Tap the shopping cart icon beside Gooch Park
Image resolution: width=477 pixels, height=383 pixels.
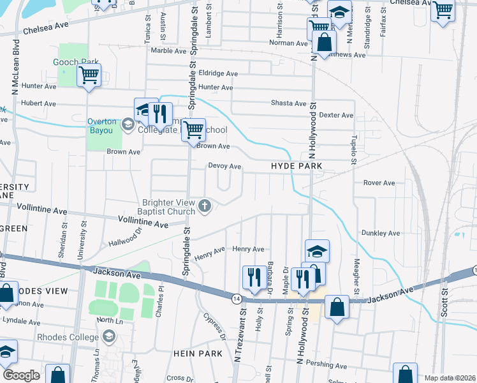tap(89, 75)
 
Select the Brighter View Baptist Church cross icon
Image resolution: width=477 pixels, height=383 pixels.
tap(204, 205)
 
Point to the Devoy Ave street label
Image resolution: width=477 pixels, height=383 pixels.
tap(224, 166)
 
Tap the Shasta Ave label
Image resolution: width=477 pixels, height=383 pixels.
tap(288, 103)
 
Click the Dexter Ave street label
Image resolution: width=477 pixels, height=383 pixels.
tap(336, 115)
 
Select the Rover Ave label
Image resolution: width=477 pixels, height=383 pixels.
tap(379, 183)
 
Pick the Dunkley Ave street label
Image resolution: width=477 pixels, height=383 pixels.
tap(379, 233)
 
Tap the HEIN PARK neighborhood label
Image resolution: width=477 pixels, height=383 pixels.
tap(197, 353)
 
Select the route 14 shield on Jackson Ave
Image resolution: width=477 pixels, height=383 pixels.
tap(237, 298)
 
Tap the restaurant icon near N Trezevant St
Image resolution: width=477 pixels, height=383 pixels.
tap(254, 277)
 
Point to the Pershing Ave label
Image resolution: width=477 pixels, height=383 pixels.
tap(329, 366)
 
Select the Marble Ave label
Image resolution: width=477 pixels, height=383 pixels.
tap(168, 50)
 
